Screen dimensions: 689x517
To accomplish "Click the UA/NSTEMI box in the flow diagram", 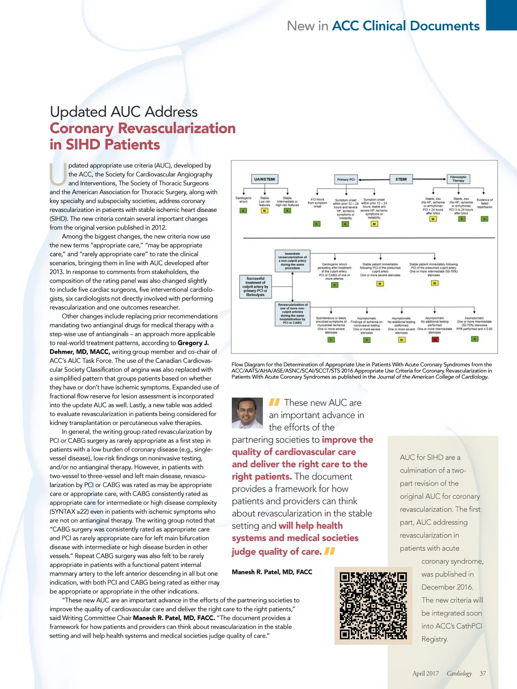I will point(265,179).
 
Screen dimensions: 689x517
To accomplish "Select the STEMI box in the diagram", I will point(401,179).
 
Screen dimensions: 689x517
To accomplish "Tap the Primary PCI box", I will point(346,179).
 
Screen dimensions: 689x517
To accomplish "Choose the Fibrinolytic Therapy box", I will point(458,179).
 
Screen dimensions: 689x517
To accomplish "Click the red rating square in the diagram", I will point(435,340).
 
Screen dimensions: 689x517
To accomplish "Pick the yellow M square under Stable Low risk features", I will point(265,210).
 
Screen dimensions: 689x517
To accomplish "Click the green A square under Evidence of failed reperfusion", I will point(484,219).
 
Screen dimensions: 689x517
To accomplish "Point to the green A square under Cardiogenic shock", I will point(243,210).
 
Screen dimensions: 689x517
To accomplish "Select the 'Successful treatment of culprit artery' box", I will point(255,286).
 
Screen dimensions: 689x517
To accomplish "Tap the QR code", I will point(373,606).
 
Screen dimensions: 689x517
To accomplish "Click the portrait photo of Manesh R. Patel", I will point(247,413).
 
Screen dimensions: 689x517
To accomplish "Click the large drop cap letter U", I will point(58,175).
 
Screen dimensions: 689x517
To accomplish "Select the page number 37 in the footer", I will point(483,673).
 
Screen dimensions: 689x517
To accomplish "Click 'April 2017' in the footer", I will point(425,673).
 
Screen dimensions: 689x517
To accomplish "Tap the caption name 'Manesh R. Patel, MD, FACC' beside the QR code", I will point(272,572).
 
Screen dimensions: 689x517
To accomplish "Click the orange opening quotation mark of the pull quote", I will point(274,402).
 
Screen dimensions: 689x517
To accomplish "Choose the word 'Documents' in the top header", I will point(444,26).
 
